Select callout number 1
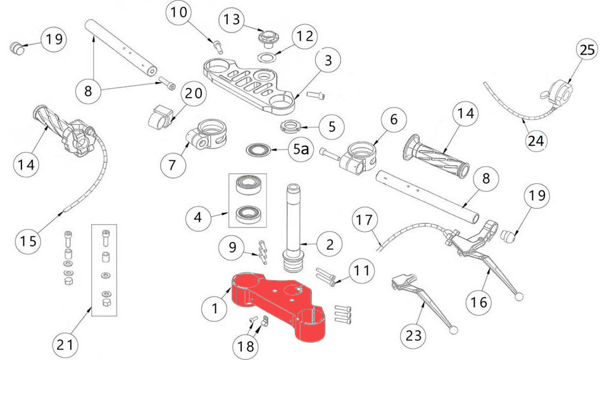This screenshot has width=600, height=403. click(x=215, y=310)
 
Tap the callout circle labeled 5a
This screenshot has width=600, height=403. click(x=301, y=150)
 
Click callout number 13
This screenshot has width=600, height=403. click(x=232, y=20)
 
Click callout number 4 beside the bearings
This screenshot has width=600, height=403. click(x=199, y=218)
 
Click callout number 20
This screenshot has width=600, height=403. click(x=194, y=94)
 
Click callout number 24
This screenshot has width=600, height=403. click(x=536, y=140)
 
